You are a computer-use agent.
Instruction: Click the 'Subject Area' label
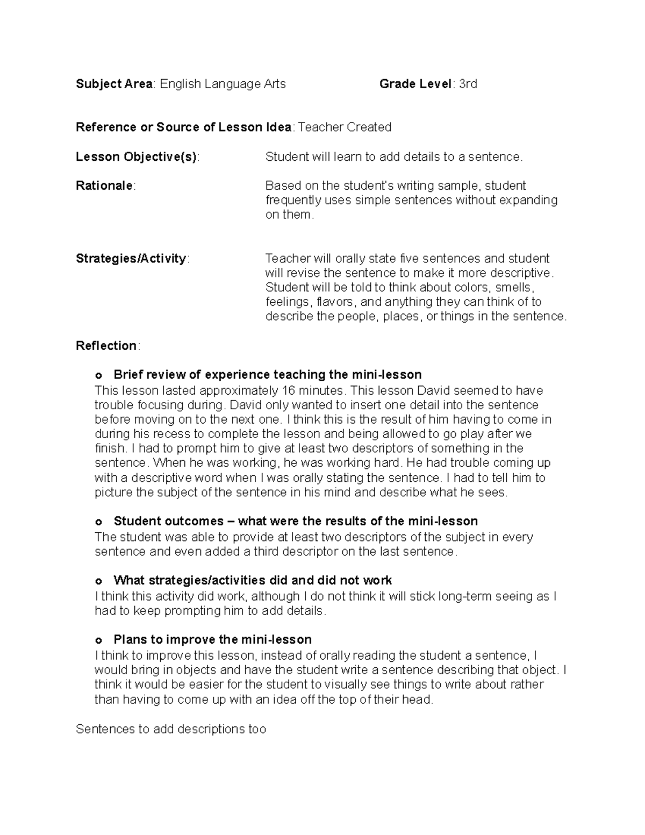(114, 84)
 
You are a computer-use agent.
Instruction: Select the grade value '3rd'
(468, 84)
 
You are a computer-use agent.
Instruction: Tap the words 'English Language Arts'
(223, 84)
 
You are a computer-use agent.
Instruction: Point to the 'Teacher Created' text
(345, 127)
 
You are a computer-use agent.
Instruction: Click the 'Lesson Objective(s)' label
(137, 157)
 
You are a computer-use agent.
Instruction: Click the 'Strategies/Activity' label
(131, 259)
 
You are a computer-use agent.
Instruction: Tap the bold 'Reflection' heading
(106, 346)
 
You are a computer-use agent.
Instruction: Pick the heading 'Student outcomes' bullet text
(296, 521)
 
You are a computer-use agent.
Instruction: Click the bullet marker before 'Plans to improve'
(98, 640)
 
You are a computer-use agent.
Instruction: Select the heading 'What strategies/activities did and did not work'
(253, 581)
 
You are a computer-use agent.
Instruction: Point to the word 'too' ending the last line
(257, 730)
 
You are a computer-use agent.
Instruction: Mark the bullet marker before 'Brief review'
(98, 375)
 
